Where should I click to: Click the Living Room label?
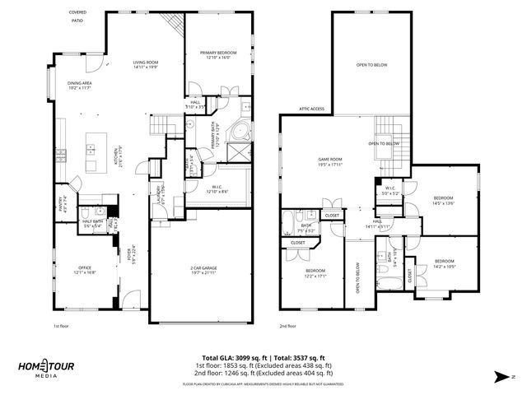(x=146, y=65)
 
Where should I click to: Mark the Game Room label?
(x=329, y=160)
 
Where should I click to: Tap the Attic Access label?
(x=311, y=109)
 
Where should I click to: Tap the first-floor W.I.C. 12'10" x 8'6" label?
(x=217, y=188)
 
